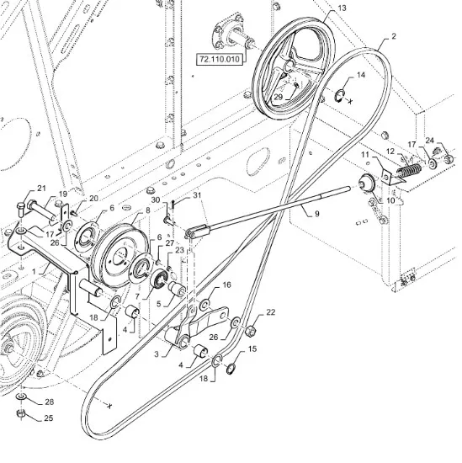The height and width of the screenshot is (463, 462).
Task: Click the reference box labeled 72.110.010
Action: pos(220,59)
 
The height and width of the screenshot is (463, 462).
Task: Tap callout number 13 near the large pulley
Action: pos(342,8)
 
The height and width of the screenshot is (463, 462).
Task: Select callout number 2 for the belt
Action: pos(394,36)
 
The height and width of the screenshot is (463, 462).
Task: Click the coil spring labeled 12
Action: pos(409,171)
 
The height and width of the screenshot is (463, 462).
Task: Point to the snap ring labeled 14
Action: pos(339,96)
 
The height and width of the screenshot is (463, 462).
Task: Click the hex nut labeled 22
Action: pos(250,331)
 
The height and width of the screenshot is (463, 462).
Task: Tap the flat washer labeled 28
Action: pos(21,396)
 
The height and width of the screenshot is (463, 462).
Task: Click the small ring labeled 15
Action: pos(231,369)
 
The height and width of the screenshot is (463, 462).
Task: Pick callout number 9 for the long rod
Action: pos(316,214)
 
